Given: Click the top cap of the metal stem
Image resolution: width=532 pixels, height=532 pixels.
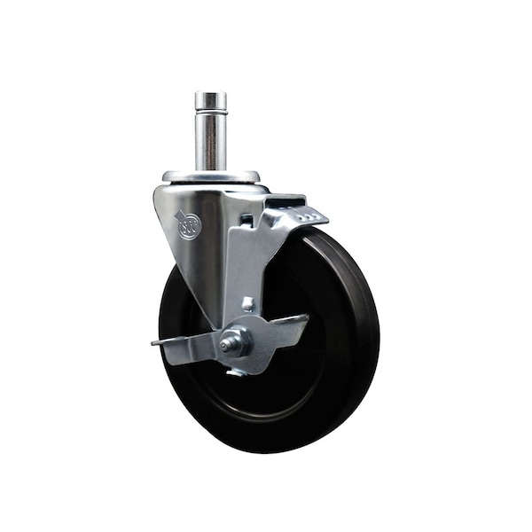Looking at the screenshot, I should (x=211, y=97).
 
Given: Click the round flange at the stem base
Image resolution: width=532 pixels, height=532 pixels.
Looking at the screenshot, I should (x=211, y=176).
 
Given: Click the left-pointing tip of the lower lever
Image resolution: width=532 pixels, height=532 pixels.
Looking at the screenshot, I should (x=157, y=341).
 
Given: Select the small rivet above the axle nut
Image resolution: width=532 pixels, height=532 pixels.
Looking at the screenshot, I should (x=247, y=305).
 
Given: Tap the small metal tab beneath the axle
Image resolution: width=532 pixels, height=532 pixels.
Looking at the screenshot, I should (x=236, y=372).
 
